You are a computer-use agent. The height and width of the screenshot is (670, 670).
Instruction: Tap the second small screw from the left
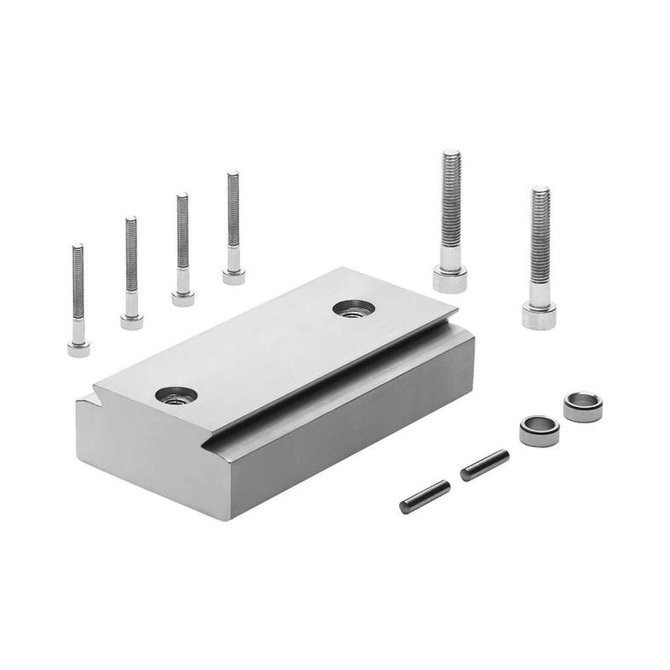[131, 270]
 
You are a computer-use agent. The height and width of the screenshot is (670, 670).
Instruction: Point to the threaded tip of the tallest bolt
[451, 156]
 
